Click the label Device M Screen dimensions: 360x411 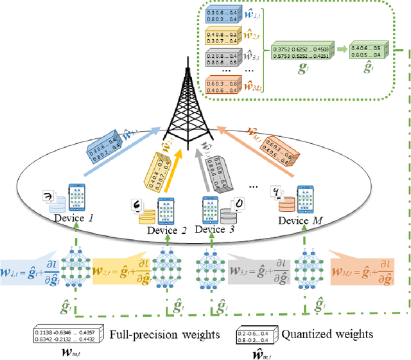[x=303, y=220]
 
